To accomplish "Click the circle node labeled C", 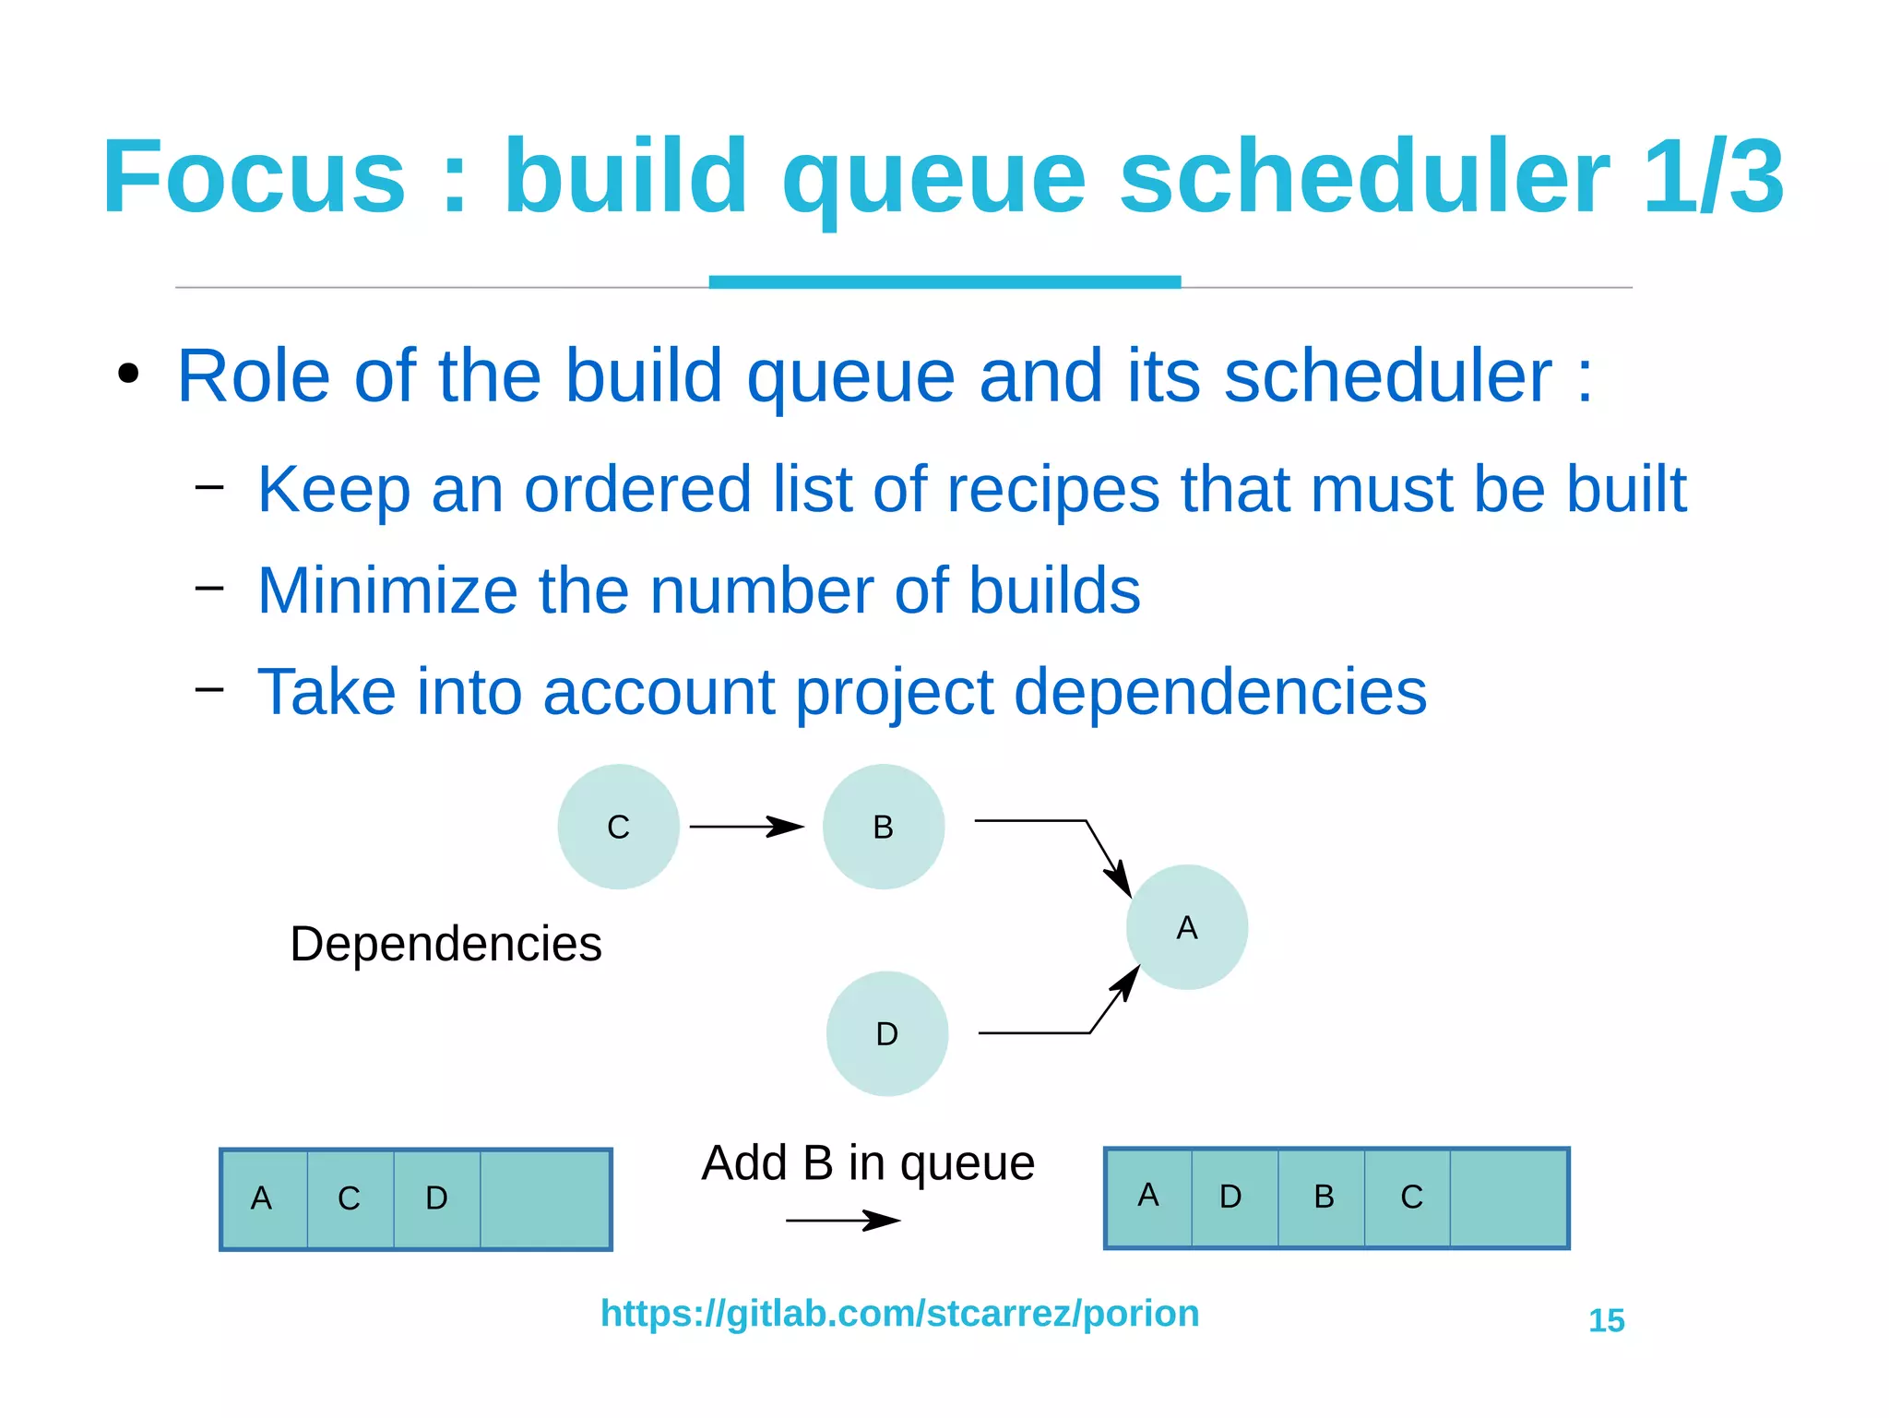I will (618, 827).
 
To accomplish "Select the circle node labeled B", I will (883, 827).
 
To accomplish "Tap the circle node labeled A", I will (1186, 927).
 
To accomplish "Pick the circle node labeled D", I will (886, 1033).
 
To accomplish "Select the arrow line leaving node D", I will (1033, 1033).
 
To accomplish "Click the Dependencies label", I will (446, 944).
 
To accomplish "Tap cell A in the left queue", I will (263, 1198).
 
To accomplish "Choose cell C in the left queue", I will (350, 1198).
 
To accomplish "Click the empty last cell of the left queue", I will (544, 1198).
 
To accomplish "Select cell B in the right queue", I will (1323, 1197).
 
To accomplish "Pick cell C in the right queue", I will (1409, 1197).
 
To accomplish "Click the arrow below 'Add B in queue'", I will (841, 1221).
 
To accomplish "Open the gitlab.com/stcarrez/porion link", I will (899, 1313).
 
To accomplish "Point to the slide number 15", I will (1606, 1320).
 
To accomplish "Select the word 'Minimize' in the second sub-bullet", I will (387, 590).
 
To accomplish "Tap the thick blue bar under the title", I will (944, 281).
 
